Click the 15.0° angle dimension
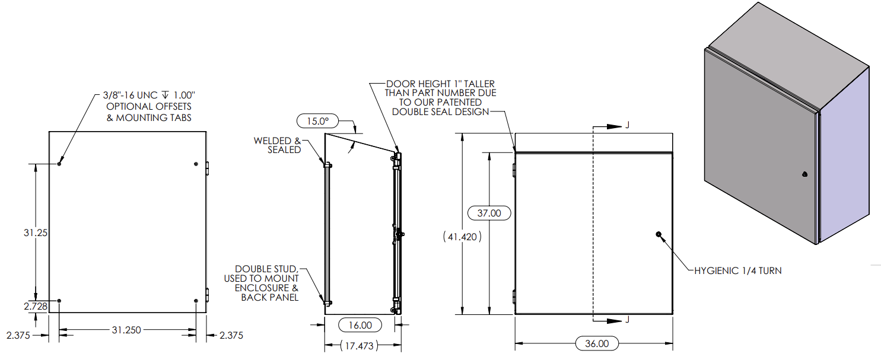point(316,122)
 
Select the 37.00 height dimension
point(489,213)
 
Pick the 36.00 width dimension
point(597,343)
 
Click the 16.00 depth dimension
point(361,325)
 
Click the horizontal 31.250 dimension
point(126,330)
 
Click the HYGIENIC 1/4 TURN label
point(738,271)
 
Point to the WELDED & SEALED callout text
point(278,145)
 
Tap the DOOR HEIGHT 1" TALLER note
point(440,98)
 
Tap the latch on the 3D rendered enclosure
point(804,174)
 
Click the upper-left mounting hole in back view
point(59,164)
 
